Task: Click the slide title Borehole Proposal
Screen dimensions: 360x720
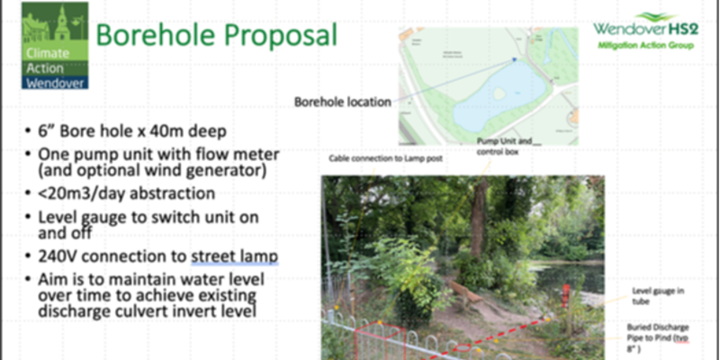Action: pyautogui.click(x=216, y=36)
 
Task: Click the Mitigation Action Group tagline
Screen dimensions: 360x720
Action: pyautogui.click(x=645, y=45)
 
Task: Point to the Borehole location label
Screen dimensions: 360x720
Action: pyautogui.click(x=343, y=102)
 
